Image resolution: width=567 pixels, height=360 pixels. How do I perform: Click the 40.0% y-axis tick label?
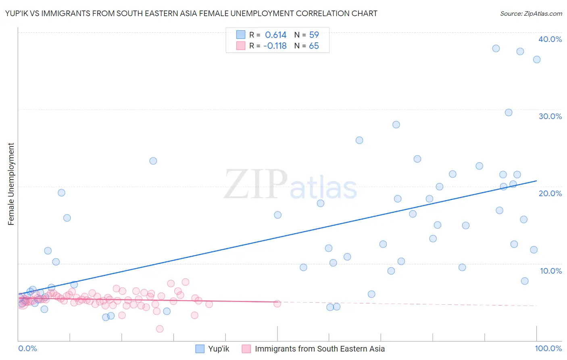pos(550,39)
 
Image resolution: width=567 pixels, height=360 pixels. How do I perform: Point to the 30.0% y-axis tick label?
pos(550,116)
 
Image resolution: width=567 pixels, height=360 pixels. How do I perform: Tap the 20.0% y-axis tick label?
pos(550,193)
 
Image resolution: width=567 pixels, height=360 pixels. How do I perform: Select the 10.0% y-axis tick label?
pos(551,271)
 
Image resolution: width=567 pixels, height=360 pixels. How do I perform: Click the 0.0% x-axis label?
pos(27,348)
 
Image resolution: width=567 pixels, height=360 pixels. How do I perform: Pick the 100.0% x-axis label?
pos(548,348)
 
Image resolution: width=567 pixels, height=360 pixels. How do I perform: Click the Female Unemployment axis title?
pos(11,184)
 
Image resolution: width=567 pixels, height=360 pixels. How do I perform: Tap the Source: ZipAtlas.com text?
pos(531,14)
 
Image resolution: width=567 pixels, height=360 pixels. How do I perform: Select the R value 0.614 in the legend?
pos(275,35)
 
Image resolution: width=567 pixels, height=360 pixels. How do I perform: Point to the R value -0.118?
pos(275,46)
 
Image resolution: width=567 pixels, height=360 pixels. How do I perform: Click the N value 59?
pos(314,35)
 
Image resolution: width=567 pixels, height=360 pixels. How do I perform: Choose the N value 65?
pos(314,46)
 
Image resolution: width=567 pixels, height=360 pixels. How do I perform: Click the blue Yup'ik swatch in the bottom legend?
pos(200,349)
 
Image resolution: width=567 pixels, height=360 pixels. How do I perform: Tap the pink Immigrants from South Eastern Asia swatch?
pos(246,349)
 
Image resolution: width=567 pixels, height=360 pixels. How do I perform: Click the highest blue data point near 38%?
pos(496,48)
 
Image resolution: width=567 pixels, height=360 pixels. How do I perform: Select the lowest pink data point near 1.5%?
pos(160,329)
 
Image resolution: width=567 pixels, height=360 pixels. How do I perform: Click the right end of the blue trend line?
pos(536,181)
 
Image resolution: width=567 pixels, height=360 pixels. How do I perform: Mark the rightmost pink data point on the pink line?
pos(277,303)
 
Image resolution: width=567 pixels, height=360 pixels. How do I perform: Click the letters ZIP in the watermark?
pos(256,184)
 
